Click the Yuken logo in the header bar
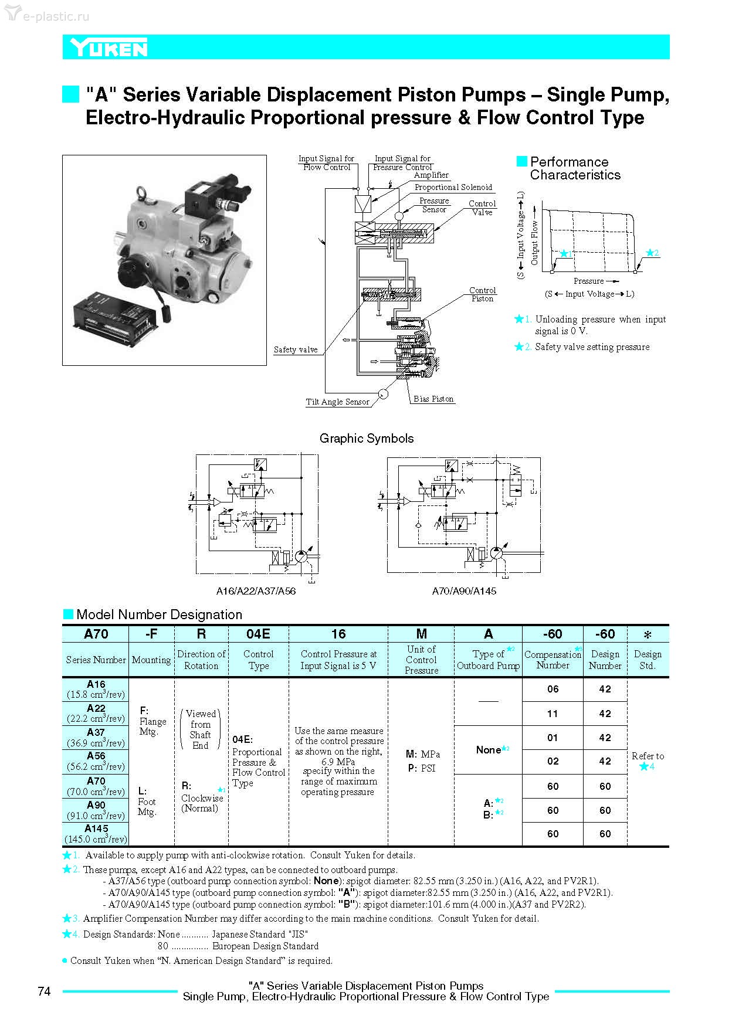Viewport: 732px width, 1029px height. (109, 48)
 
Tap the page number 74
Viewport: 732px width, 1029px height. (44, 991)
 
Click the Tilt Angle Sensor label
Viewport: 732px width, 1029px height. (337, 402)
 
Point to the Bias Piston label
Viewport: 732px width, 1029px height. (433, 399)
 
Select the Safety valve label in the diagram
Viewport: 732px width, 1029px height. (296, 349)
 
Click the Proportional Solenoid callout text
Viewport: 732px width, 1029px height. (453, 187)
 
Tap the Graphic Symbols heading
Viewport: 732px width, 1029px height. (367, 438)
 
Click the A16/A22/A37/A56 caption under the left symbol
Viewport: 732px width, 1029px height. (256, 591)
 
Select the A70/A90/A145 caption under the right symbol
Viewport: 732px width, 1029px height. (464, 591)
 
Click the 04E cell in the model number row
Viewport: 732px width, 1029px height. (258, 634)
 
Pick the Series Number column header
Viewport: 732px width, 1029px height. (96, 660)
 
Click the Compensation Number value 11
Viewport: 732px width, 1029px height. (553, 714)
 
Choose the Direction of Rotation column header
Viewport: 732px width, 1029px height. (201, 660)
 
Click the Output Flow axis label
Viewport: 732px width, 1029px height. (534, 243)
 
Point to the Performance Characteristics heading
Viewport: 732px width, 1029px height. (575, 168)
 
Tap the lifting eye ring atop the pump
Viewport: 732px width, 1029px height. (141, 192)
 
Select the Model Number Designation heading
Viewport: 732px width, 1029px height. (159, 614)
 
